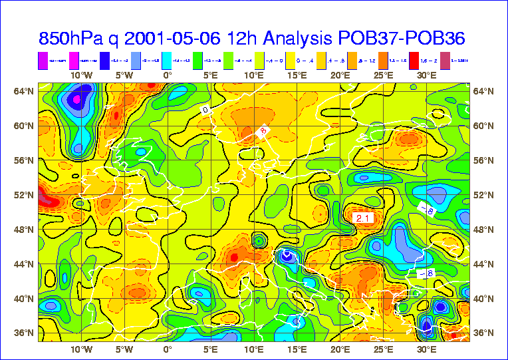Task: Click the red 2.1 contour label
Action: (363, 218)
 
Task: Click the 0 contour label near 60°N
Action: (205, 109)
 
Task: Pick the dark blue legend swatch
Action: (105, 61)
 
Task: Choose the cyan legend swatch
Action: (167, 61)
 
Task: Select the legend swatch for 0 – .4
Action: (291, 61)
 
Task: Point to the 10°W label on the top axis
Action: (81, 75)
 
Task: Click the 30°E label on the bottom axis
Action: (427, 349)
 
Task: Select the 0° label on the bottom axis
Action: (168, 349)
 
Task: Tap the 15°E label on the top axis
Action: (297, 75)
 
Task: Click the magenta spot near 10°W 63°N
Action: (76, 100)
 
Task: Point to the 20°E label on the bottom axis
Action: (340, 349)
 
